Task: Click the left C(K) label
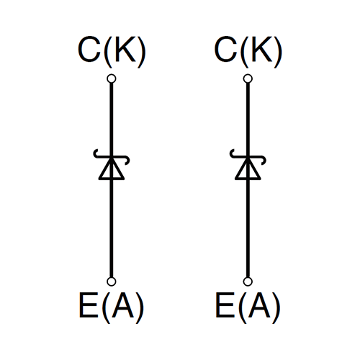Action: click(112, 52)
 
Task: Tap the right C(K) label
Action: click(248, 52)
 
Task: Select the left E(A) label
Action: click(112, 307)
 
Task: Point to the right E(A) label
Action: click(248, 307)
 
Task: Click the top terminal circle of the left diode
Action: click(112, 78)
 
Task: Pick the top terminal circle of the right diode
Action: click(248, 78)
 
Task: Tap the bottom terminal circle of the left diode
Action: click(112, 282)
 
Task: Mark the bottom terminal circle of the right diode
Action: click(248, 282)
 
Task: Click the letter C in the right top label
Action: click(225, 50)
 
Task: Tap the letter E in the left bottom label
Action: click(89, 305)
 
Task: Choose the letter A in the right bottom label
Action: click(260, 305)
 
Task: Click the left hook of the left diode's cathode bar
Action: click(95, 154)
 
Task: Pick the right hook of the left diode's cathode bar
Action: click(127, 161)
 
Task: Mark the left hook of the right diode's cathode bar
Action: click(231, 154)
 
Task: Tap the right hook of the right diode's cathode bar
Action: click(264, 161)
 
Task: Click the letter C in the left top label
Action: click(89, 50)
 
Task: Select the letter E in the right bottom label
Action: click(225, 305)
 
